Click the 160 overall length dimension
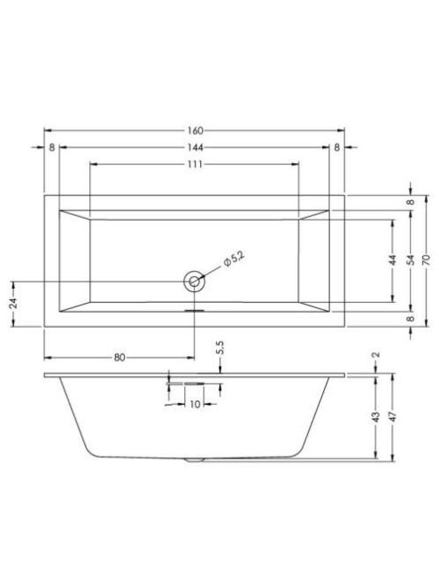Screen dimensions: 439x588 pos(195,130)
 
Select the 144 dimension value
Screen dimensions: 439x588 pos(195,148)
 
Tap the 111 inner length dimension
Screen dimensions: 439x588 pos(195,164)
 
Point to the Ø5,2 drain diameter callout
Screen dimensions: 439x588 pos(234,259)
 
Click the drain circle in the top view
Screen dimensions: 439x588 pos(194,281)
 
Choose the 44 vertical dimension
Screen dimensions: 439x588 pos(392,260)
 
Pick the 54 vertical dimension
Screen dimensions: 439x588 pos(411,260)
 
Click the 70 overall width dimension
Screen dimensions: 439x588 pos(426,260)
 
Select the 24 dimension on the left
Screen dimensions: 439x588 pos(13,304)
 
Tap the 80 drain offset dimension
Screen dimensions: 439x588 pos(119,358)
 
